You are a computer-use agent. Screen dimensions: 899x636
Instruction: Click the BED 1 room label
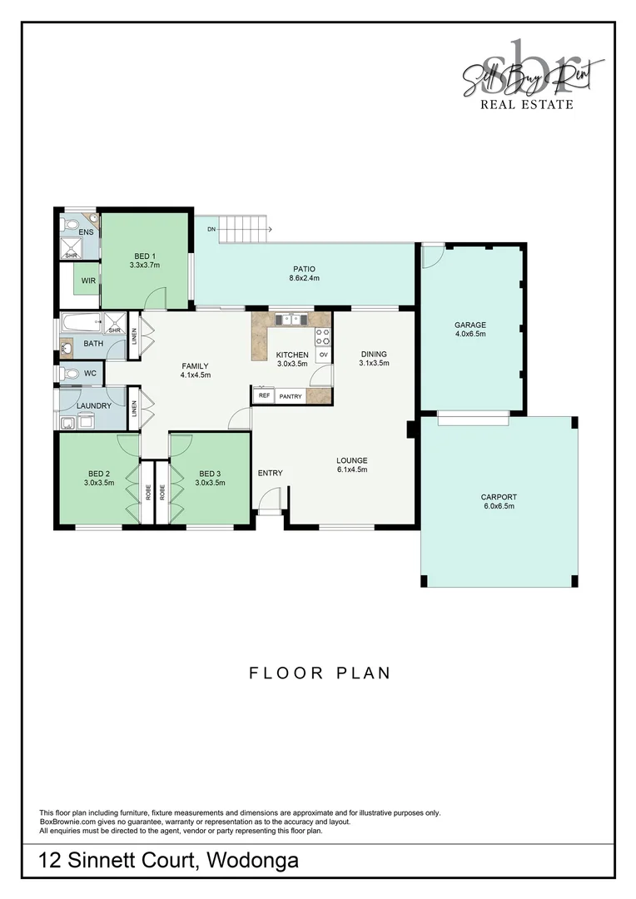click(x=144, y=256)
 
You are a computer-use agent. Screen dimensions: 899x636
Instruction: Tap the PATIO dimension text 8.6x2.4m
click(x=305, y=278)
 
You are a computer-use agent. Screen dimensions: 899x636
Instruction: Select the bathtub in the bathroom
click(x=79, y=321)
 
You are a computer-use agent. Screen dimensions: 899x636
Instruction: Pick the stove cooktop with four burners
click(x=322, y=336)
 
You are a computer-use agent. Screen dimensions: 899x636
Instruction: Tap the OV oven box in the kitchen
click(x=323, y=355)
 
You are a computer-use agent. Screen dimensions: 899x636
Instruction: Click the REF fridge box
click(x=264, y=396)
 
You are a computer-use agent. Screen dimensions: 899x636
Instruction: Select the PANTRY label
click(x=291, y=396)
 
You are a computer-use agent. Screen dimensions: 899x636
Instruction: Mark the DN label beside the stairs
click(x=211, y=229)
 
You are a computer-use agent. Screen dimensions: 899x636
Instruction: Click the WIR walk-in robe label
click(x=88, y=281)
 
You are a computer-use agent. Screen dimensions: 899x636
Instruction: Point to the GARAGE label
click(x=470, y=325)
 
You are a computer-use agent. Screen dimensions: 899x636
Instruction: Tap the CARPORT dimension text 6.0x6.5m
click(x=498, y=506)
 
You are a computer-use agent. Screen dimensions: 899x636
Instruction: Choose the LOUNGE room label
click(x=351, y=460)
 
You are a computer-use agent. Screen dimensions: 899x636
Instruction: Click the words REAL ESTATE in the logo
click(x=527, y=104)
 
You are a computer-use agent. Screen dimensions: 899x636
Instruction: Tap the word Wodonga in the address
click(x=252, y=861)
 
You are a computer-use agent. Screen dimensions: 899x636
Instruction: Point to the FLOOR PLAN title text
click(x=320, y=673)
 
